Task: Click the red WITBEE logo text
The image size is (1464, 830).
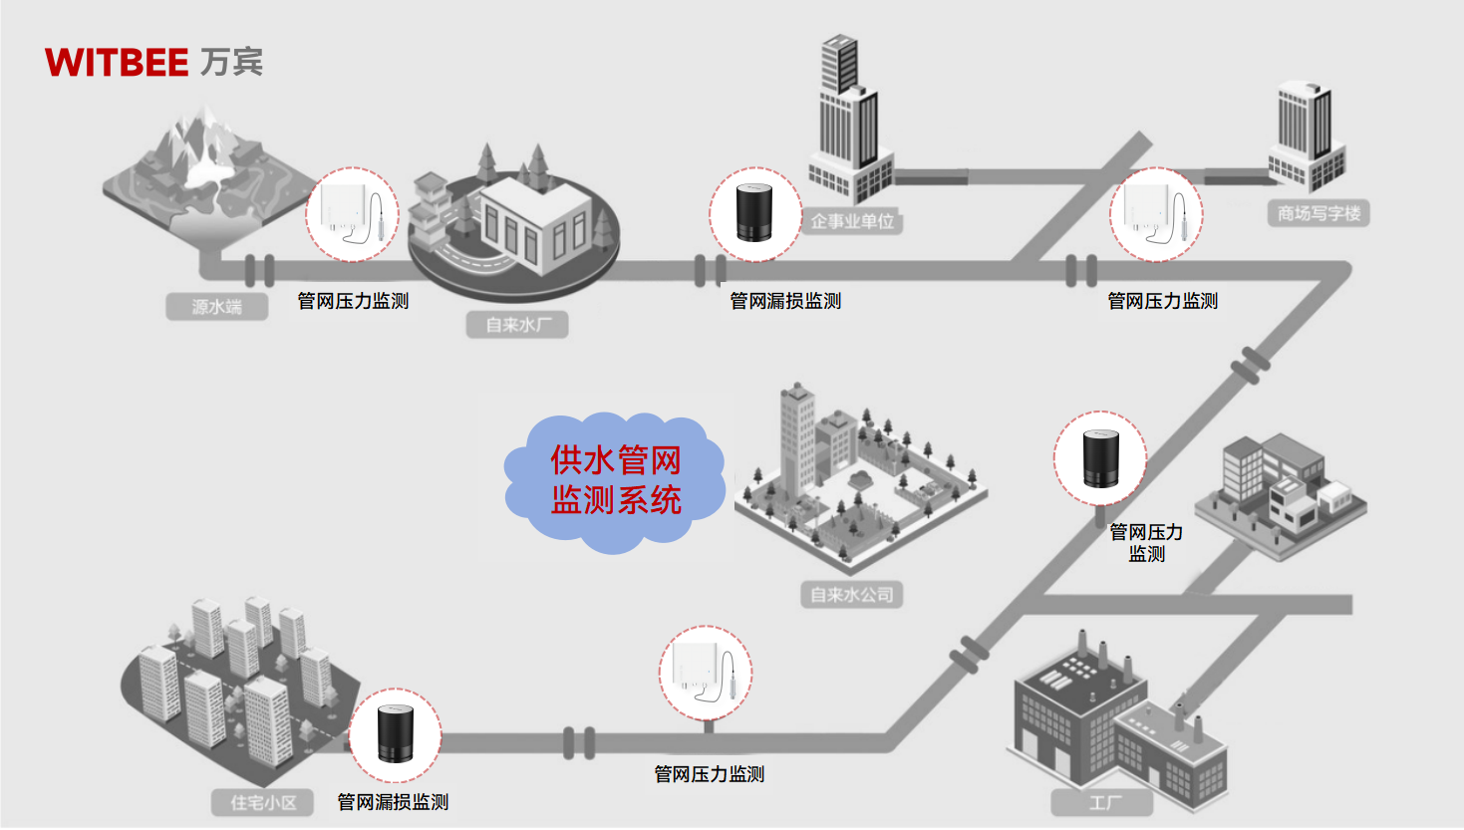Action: click(117, 63)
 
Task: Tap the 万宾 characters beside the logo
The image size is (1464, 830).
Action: click(231, 62)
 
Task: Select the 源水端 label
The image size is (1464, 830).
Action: click(217, 307)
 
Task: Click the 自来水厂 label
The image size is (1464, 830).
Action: click(517, 325)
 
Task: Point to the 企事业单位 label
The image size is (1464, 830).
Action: click(852, 221)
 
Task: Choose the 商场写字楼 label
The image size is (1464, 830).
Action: click(1318, 213)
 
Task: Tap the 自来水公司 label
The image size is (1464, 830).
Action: click(851, 595)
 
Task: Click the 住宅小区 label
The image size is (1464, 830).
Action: click(263, 802)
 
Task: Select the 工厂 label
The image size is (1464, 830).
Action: click(1103, 803)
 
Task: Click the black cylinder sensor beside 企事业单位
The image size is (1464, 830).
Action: click(755, 214)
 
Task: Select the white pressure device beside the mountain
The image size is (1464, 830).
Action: click(352, 214)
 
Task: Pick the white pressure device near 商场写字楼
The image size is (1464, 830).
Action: click(1156, 214)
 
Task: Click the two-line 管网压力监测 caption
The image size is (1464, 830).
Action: click(1146, 543)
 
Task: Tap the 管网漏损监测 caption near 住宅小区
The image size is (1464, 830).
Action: click(393, 802)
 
